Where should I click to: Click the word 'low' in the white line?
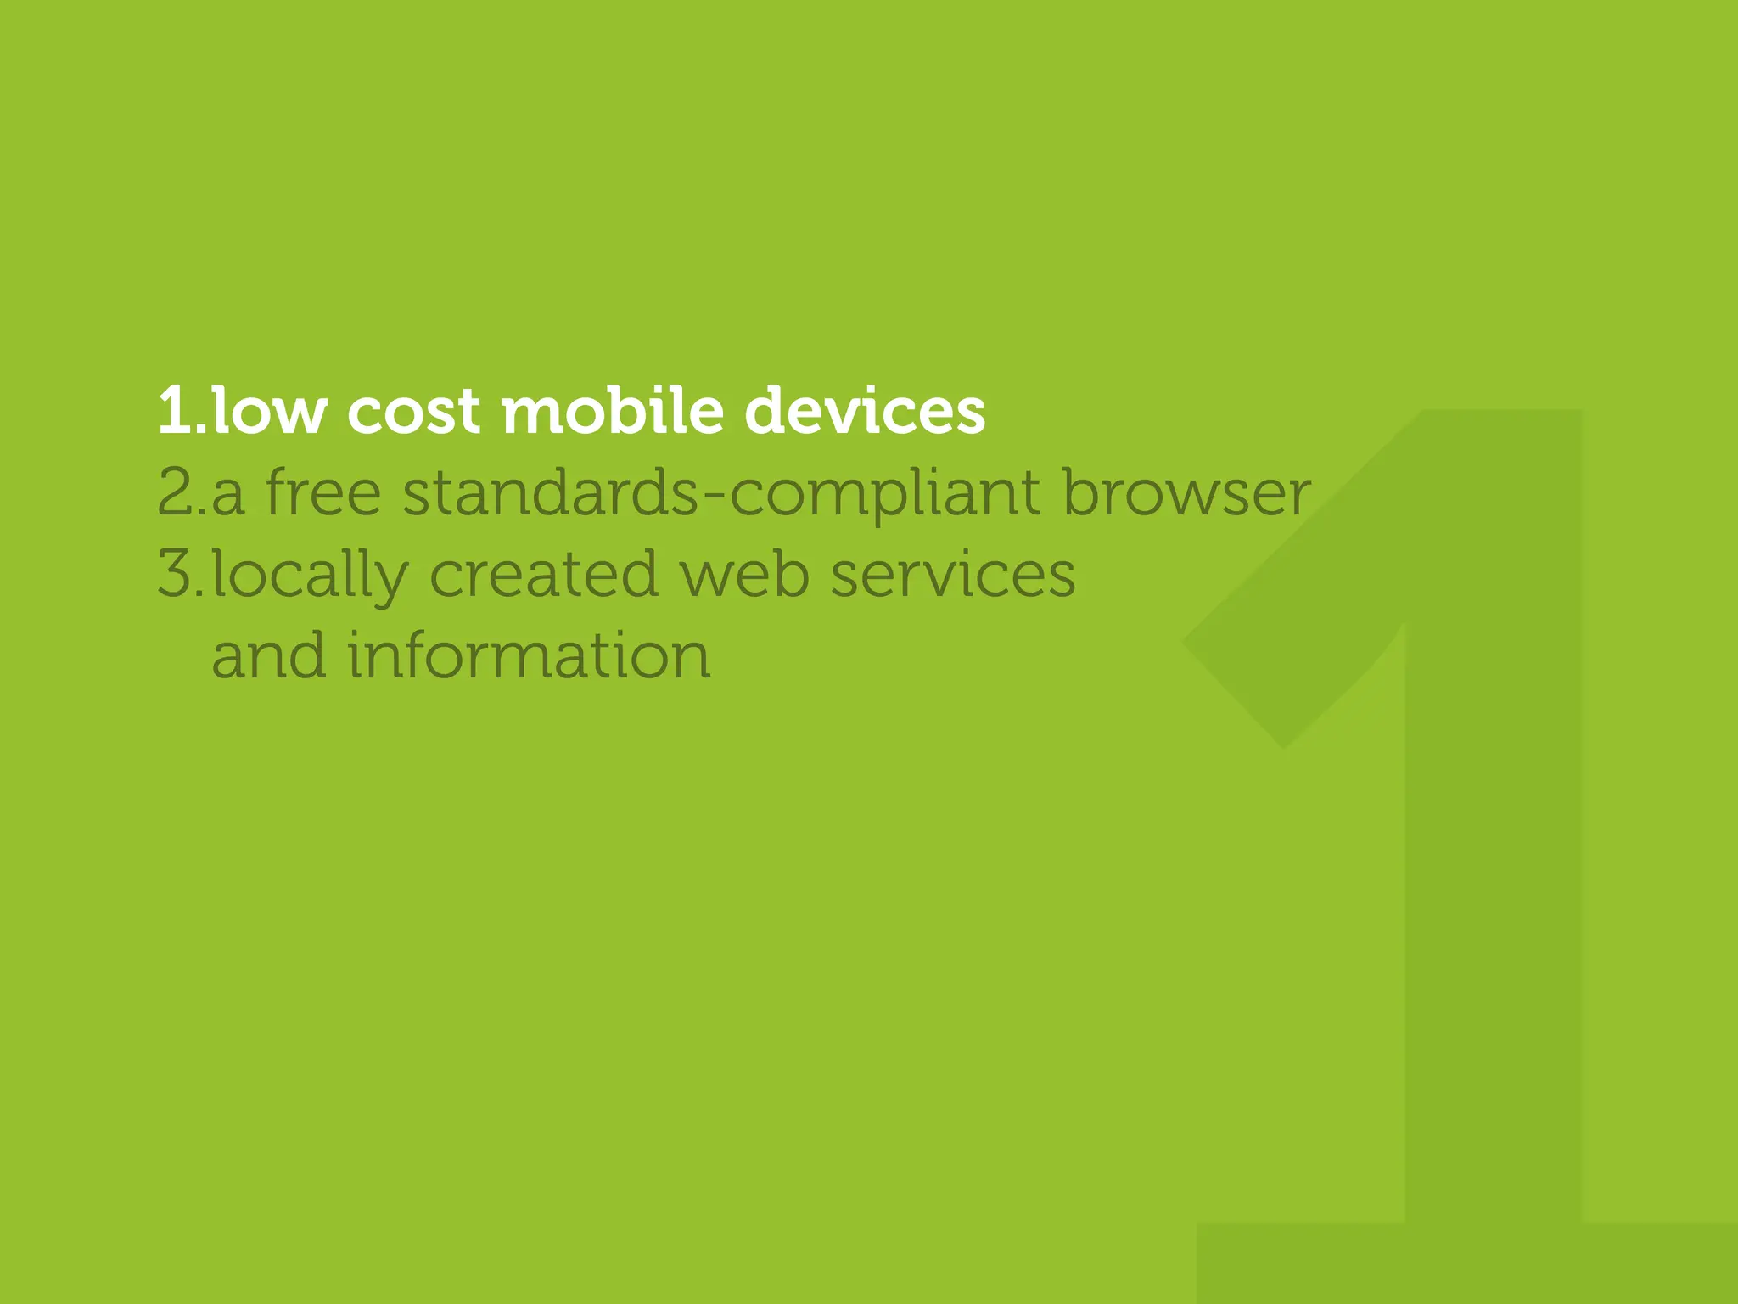(x=269, y=411)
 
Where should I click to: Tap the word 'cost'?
(x=413, y=413)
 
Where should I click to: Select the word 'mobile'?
(x=613, y=411)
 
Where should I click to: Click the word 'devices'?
(x=865, y=411)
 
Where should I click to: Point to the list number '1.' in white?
(x=181, y=411)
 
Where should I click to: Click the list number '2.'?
(x=181, y=493)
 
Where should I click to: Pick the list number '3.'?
(x=181, y=575)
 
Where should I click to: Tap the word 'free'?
(x=323, y=493)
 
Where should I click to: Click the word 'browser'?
(x=1186, y=493)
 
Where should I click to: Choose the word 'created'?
(x=544, y=575)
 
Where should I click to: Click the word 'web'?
(x=745, y=575)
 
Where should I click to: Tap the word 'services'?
(x=953, y=575)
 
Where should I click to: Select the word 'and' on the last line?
(x=268, y=656)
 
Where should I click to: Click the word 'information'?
(x=529, y=656)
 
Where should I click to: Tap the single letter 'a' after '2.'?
(x=227, y=497)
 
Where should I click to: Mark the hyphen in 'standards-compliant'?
(x=714, y=498)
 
